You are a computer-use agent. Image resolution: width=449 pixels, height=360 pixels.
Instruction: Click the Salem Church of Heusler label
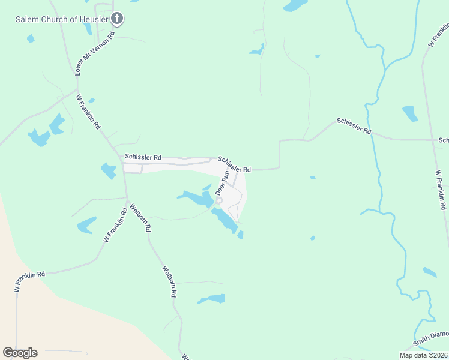61,19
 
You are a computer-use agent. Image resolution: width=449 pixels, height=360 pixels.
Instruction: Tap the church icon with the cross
117,19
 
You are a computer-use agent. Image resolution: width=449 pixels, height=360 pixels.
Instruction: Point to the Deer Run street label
221,184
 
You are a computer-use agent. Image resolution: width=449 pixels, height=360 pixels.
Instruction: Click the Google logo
20,353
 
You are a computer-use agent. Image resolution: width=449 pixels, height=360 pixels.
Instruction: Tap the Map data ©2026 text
423,355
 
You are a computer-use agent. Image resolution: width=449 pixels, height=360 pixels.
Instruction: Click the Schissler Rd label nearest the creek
354,125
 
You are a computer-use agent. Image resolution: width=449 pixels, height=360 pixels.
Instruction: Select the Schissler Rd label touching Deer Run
234,164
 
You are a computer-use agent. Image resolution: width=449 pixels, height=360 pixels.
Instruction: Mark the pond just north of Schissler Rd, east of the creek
410,113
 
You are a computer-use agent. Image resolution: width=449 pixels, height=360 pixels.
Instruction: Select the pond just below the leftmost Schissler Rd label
109,171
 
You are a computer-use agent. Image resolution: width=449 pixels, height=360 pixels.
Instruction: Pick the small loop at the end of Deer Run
219,200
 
